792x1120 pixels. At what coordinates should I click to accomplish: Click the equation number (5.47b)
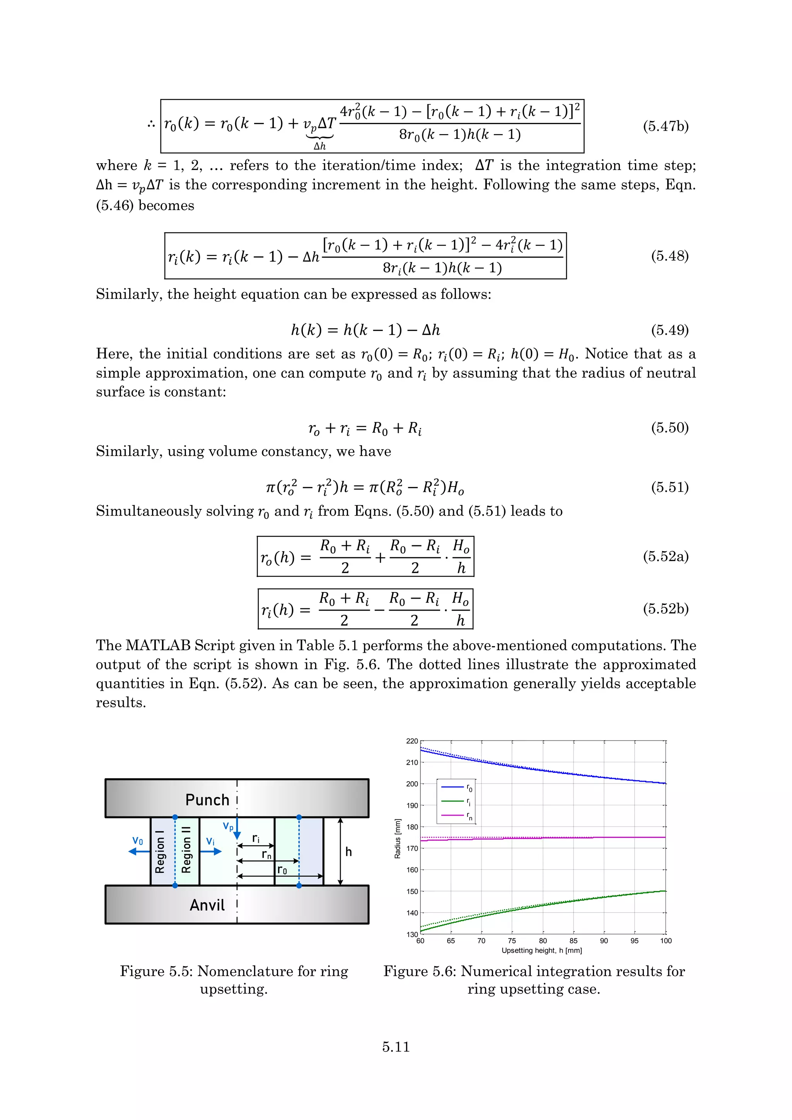[x=665, y=126]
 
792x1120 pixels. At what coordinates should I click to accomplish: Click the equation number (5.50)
[x=669, y=428]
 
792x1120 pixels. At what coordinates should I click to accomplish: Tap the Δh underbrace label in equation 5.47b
[x=320, y=146]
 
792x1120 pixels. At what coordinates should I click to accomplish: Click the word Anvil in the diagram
[x=207, y=905]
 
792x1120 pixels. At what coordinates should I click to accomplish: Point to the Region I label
[x=160, y=852]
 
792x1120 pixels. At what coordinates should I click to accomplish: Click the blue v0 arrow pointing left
[x=139, y=851]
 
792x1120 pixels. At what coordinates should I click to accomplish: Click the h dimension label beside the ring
[x=348, y=852]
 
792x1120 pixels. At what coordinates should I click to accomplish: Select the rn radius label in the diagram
[x=266, y=854]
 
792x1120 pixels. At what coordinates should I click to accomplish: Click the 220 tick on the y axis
[x=412, y=741]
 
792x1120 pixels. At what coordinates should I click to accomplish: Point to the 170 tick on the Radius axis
[x=412, y=848]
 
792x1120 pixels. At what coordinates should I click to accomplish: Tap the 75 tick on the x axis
[x=512, y=941]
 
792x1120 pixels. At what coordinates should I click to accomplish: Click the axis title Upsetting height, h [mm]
[x=542, y=950]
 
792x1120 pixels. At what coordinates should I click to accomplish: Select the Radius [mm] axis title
[x=398, y=838]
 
